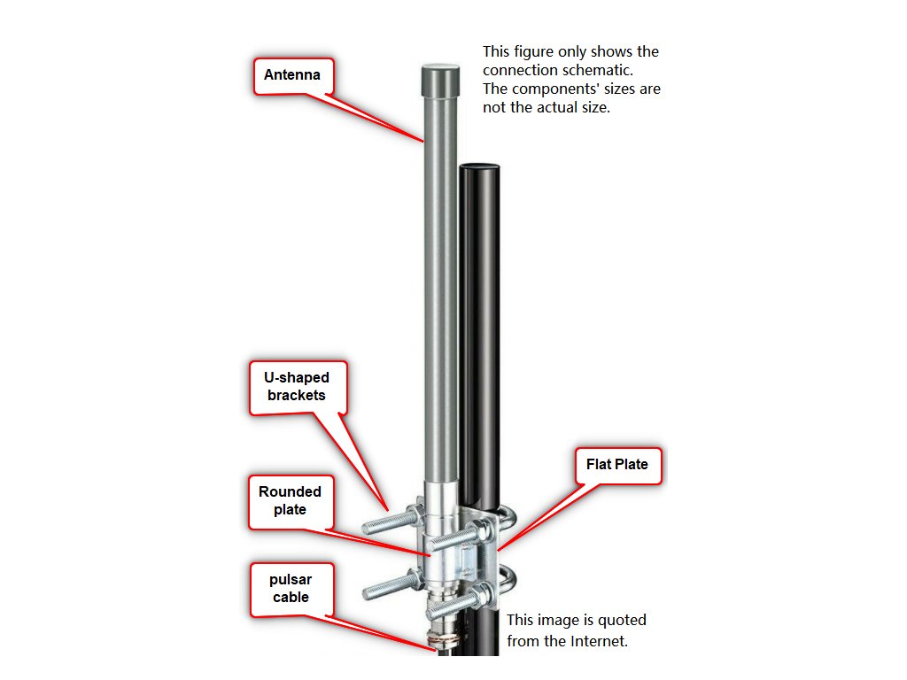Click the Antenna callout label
(x=292, y=75)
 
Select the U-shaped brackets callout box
(x=297, y=387)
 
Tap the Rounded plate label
(x=290, y=500)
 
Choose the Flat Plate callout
(x=616, y=464)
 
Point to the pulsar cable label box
(x=291, y=589)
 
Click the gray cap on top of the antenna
(x=440, y=80)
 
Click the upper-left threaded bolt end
(x=376, y=524)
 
